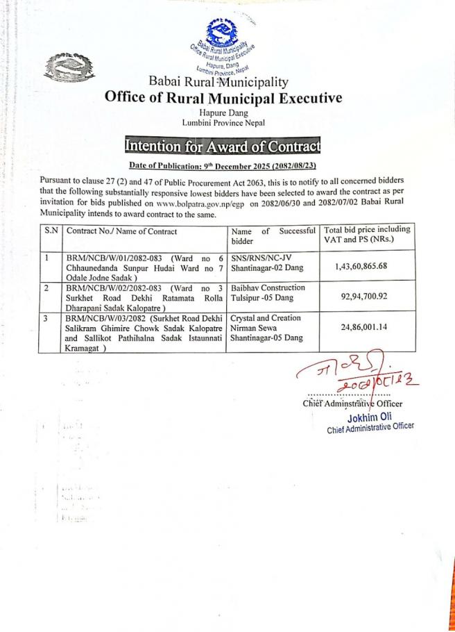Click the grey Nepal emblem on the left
click(60, 67)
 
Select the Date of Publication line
click(222, 165)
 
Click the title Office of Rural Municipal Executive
click(223, 97)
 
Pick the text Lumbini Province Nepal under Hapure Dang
click(223, 122)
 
